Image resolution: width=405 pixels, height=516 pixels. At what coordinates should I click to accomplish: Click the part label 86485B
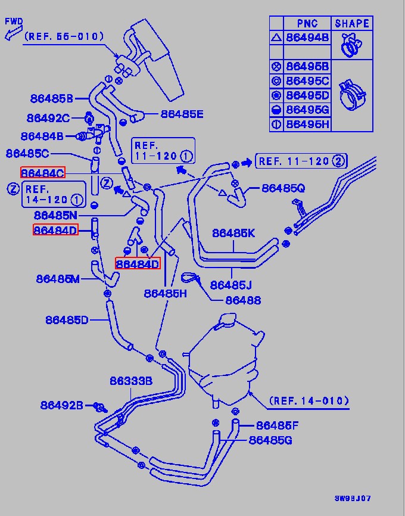tap(52, 98)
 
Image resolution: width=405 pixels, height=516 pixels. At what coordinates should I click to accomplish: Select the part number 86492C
tap(48, 118)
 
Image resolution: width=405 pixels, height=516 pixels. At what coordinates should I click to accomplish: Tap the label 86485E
tap(182, 114)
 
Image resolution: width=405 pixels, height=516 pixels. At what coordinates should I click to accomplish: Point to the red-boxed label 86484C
tap(43, 172)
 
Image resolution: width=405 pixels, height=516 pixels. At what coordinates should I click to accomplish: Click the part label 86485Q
tap(283, 188)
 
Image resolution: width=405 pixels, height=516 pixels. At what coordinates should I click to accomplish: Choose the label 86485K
tap(233, 233)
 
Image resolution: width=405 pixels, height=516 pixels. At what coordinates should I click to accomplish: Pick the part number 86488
tap(243, 300)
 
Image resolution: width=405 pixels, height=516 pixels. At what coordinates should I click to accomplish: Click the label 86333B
tap(131, 381)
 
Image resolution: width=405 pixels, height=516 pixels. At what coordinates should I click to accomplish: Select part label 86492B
tap(61, 405)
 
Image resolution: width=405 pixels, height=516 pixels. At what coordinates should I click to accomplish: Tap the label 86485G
tap(270, 440)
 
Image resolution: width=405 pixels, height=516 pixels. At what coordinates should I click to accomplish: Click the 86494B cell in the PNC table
tap(307, 38)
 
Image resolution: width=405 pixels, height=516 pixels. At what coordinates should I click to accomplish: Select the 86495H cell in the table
tap(307, 124)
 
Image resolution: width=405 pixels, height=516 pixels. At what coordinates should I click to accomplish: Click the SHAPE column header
tap(352, 23)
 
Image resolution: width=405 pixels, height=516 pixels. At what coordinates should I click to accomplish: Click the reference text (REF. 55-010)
tap(64, 36)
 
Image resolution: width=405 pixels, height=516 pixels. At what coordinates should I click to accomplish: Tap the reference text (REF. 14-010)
tap(309, 400)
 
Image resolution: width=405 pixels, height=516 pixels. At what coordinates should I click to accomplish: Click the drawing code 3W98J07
tap(353, 498)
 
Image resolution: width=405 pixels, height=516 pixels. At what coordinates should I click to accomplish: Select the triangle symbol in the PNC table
tap(276, 38)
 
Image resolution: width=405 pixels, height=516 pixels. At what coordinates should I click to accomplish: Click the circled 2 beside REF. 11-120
tap(338, 161)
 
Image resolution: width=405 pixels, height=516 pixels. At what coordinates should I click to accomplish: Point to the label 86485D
tap(67, 320)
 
